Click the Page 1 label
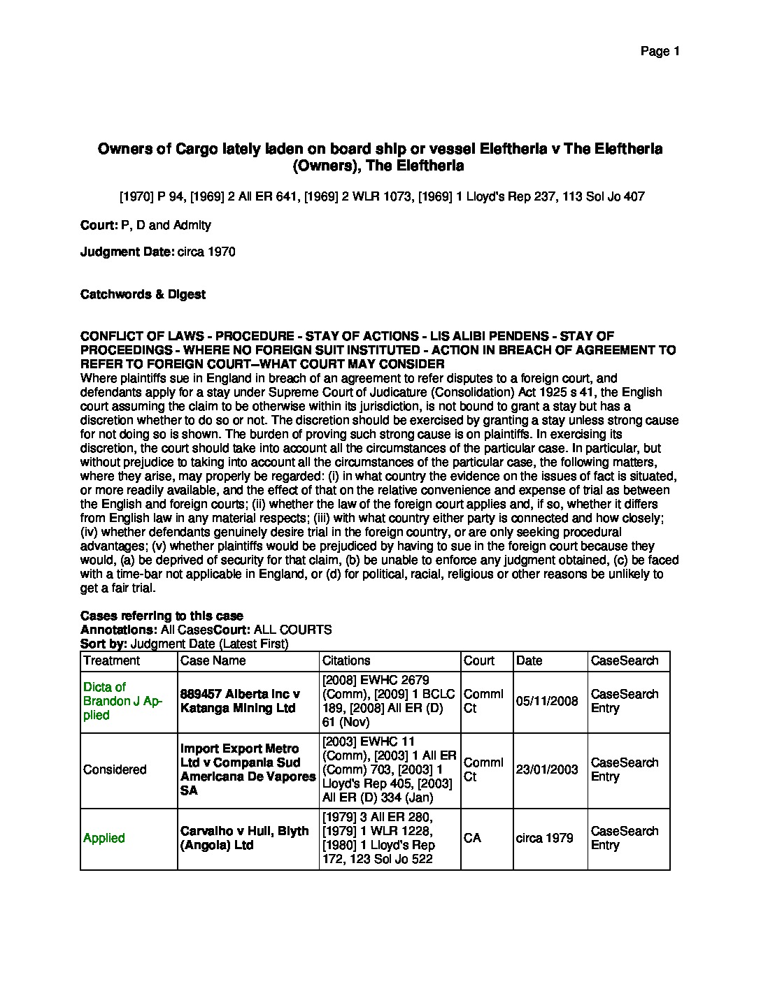[x=660, y=51]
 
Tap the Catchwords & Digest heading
[x=143, y=294]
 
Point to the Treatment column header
[x=111, y=660]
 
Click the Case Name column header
[x=213, y=660]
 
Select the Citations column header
[x=346, y=660]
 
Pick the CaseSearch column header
[x=625, y=660]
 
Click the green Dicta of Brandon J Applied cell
[x=122, y=701]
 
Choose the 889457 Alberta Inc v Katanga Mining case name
[x=240, y=701]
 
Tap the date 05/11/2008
[x=547, y=701]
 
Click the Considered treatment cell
[x=115, y=769]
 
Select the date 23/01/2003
[x=547, y=769]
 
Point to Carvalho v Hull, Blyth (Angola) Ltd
[x=244, y=838]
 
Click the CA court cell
[x=472, y=838]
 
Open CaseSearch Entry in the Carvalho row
[x=625, y=838]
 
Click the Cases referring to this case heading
[x=162, y=616]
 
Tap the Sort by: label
[x=104, y=644]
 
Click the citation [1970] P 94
[x=146, y=197]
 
